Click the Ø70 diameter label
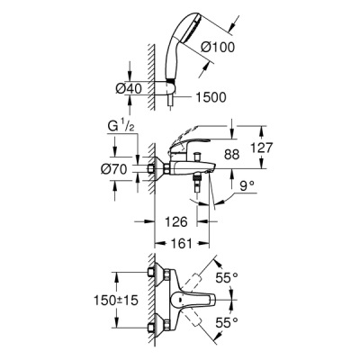click(x=128, y=168)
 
